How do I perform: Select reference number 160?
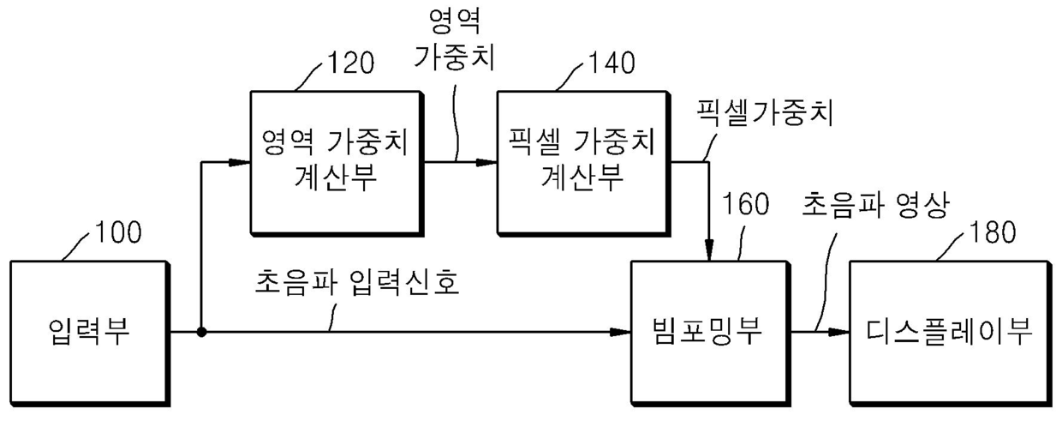point(745,206)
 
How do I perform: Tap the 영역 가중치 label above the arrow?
point(456,40)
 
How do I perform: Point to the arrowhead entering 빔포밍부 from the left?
point(623,332)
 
